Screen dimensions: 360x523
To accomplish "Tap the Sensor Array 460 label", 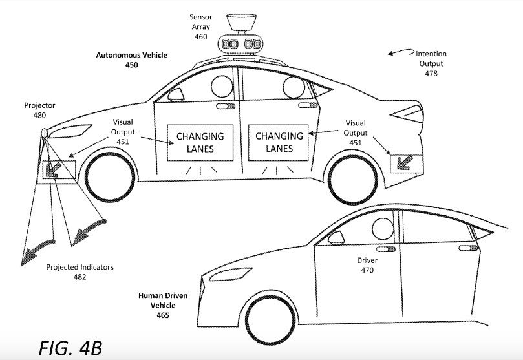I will point(200,26).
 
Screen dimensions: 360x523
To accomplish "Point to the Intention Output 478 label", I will point(431,63).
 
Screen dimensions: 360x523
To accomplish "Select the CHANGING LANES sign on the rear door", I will point(279,142).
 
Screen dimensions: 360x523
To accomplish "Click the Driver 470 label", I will point(367,265).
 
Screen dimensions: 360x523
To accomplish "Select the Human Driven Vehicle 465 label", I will point(162,301).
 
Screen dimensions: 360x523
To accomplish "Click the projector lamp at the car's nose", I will point(44,134).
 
